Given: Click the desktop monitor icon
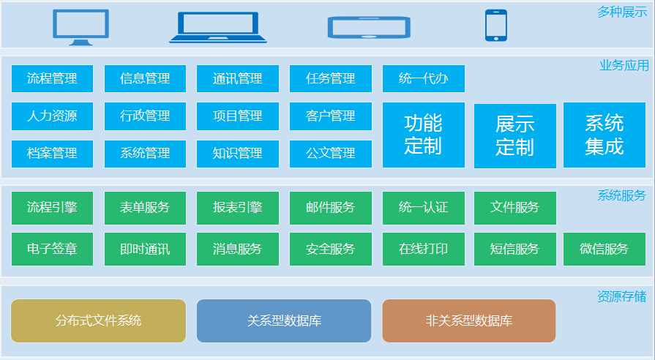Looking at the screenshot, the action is [x=81, y=27].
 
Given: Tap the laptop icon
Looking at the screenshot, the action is [x=218, y=27].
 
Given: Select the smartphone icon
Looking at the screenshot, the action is [x=496, y=26].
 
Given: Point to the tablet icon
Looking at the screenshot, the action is [x=369, y=28].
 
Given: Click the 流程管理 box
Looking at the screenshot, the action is [x=52, y=78].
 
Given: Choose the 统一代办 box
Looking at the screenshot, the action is [x=424, y=78].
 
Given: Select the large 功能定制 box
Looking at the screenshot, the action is [x=424, y=135].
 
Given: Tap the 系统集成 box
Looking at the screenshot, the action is [x=605, y=135].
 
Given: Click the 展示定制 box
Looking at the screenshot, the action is [x=515, y=135].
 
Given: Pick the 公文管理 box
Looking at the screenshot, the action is [x=331, y=154].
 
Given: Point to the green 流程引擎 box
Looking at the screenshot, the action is [x=52, y=208].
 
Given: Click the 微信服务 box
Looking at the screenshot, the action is [x=605, y=249].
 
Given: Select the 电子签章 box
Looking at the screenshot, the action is [x=52, y=249].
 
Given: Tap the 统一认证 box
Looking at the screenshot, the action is [x=424, y=208].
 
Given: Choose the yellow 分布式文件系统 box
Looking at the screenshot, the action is [x=98, y=320].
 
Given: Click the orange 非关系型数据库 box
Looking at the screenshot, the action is [x=468, y=320].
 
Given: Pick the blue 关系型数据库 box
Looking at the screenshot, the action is [x=284, y=320].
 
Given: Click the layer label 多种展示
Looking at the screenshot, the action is [x=622, y=12].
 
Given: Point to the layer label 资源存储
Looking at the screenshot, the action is [x=622, y=296].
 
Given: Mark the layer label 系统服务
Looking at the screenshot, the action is [x=622, y=195].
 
